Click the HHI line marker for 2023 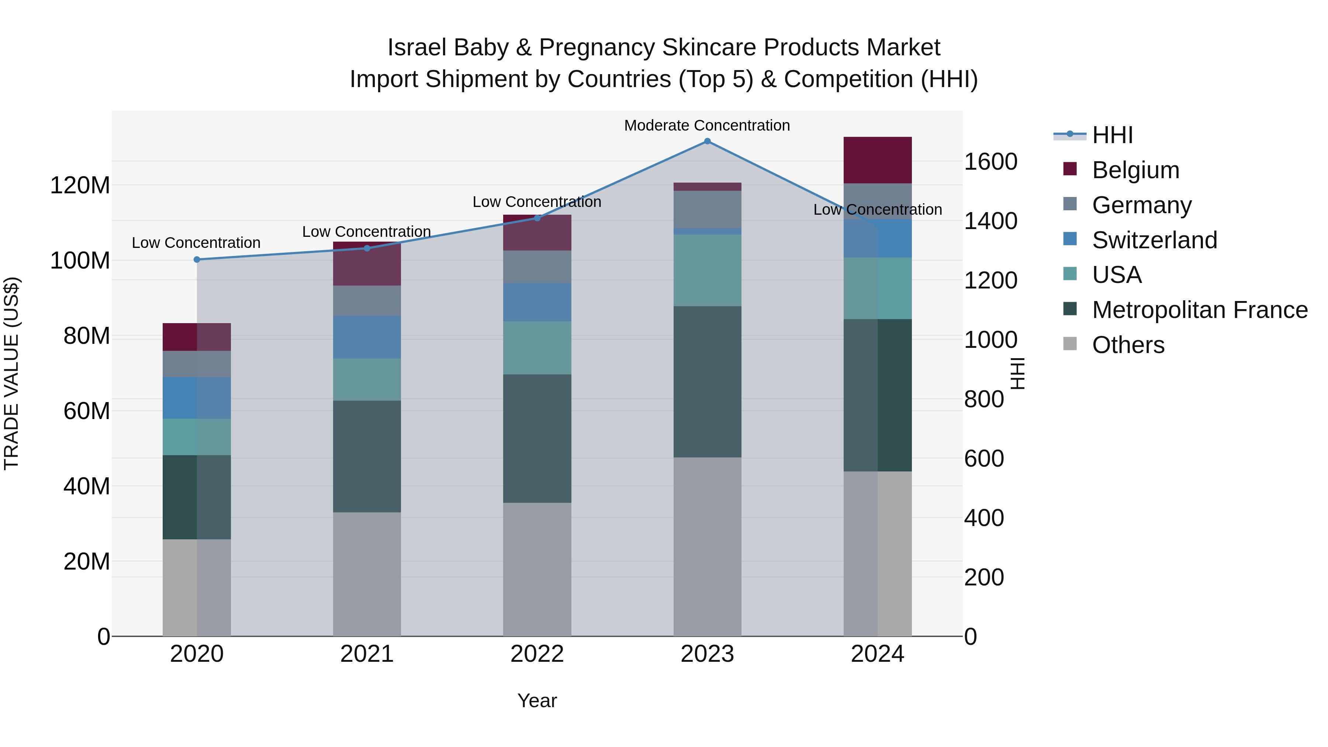click(707, 141)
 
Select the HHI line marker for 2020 click(197, 260)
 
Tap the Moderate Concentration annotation click(707, 126)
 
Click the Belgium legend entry click(1135, 170)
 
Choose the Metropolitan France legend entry click(1200, 310)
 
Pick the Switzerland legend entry click(1154, 240)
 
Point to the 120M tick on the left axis click(80, 186)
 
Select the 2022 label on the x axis click(537, 654)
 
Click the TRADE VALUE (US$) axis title click(12, 373)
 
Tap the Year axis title click(537, 701)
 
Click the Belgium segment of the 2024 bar click(878, 160)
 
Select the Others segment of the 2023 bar click(707, 546)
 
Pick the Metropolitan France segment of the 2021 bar click(367, 456)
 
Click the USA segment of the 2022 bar click(537, 348)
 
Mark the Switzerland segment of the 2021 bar click(367, 337)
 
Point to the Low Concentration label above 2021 click(367, 232)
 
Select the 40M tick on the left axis click(87, 487)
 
